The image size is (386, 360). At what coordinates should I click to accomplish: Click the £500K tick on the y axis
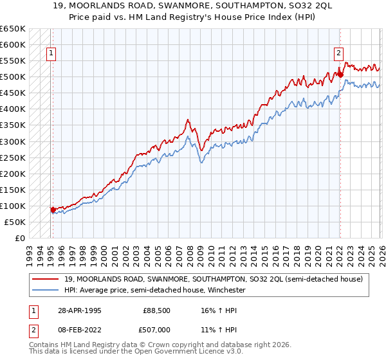point(12,77)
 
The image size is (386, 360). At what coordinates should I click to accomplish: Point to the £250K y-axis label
point(12,157)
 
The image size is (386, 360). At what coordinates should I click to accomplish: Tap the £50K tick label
point(15,222)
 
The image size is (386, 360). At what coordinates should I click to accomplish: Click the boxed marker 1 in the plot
point(51,55)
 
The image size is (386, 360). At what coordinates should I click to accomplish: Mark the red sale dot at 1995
point(53,209)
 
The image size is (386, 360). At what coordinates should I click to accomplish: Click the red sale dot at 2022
point(340,75)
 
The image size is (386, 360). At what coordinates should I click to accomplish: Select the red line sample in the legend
point(46,279)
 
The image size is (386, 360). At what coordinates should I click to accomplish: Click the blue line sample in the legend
point(46,290)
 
